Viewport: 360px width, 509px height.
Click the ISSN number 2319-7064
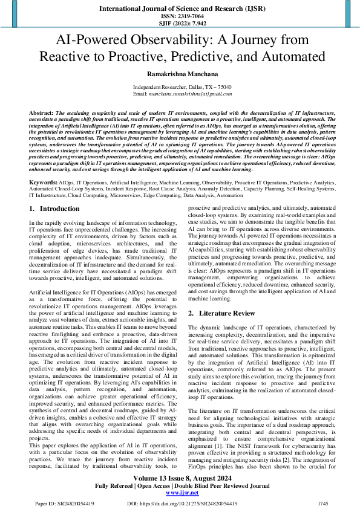[x=180, y=16]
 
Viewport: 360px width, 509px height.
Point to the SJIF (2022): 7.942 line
[x=180, y=24]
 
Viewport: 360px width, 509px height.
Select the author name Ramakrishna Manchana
[x=180, y=74]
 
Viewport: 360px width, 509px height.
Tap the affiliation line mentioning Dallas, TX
[x=180, y=88]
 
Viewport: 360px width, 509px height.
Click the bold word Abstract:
[x=41, y=113]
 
